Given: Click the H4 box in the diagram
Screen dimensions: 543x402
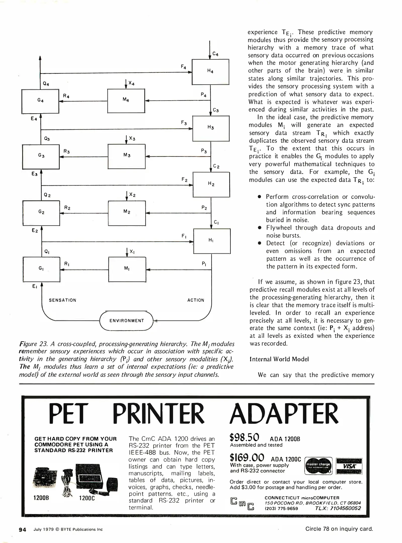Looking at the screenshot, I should point(210,72).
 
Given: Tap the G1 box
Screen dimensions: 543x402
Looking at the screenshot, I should point(41,269).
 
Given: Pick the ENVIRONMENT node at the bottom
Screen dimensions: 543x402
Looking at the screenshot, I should point(127,321).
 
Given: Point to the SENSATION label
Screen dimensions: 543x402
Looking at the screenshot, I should point(62,300).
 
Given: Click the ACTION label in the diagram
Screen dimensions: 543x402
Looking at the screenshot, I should point(196,300).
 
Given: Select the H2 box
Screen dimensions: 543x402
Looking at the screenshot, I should point(211,184).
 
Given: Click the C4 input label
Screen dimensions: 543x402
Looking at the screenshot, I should point(215,54).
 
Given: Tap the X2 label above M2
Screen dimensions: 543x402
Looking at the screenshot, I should point(132,195).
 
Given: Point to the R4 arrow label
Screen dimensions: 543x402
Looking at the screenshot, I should point(66,96).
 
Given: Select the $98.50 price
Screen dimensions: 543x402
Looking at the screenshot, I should point(244,437).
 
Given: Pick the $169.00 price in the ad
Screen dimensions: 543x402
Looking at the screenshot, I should point(247,457).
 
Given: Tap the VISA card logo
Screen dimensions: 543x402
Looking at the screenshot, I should point(349,466).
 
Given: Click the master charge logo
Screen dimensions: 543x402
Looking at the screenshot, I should point(318,466).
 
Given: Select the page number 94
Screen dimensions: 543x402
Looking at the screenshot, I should point(23,529).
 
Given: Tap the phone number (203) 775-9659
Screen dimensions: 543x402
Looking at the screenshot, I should point(281,508).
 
